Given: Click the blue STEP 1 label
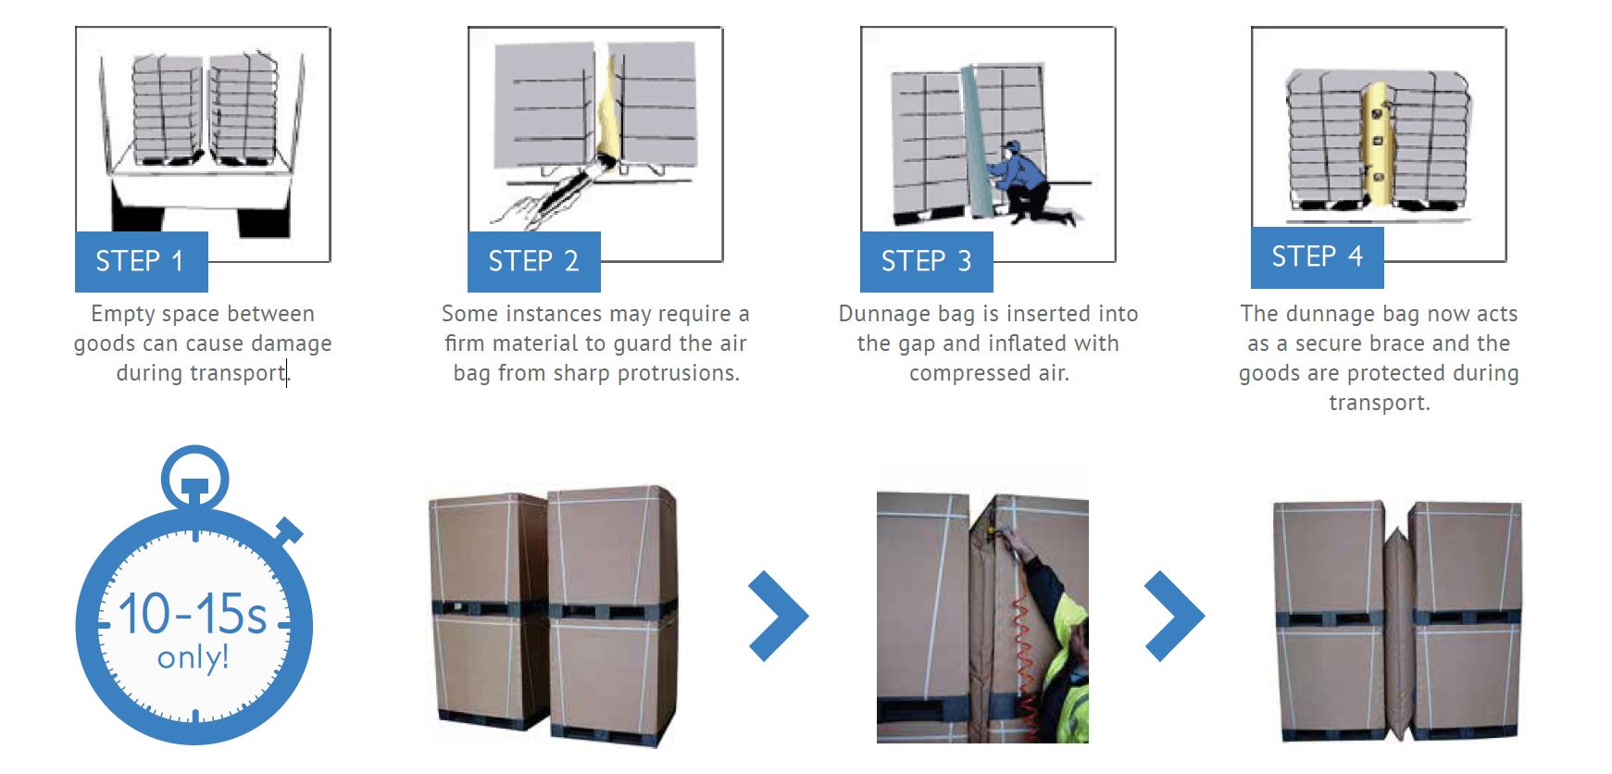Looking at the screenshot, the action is [141, 262].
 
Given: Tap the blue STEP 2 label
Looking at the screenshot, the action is [533, 262].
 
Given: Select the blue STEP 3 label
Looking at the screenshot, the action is [926, 262].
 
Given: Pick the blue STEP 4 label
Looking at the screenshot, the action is [1317, 257].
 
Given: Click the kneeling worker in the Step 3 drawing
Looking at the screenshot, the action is [1028, 181].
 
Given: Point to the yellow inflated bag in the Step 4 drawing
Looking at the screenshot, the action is [1377, 144].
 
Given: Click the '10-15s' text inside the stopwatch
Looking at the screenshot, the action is [193, 614].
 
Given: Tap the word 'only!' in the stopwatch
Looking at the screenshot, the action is [193, 657].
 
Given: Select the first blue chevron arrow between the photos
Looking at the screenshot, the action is [778, 616].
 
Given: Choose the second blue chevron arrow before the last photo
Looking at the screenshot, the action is [1174, 616].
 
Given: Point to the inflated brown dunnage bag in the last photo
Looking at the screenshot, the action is [1398, 630].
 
